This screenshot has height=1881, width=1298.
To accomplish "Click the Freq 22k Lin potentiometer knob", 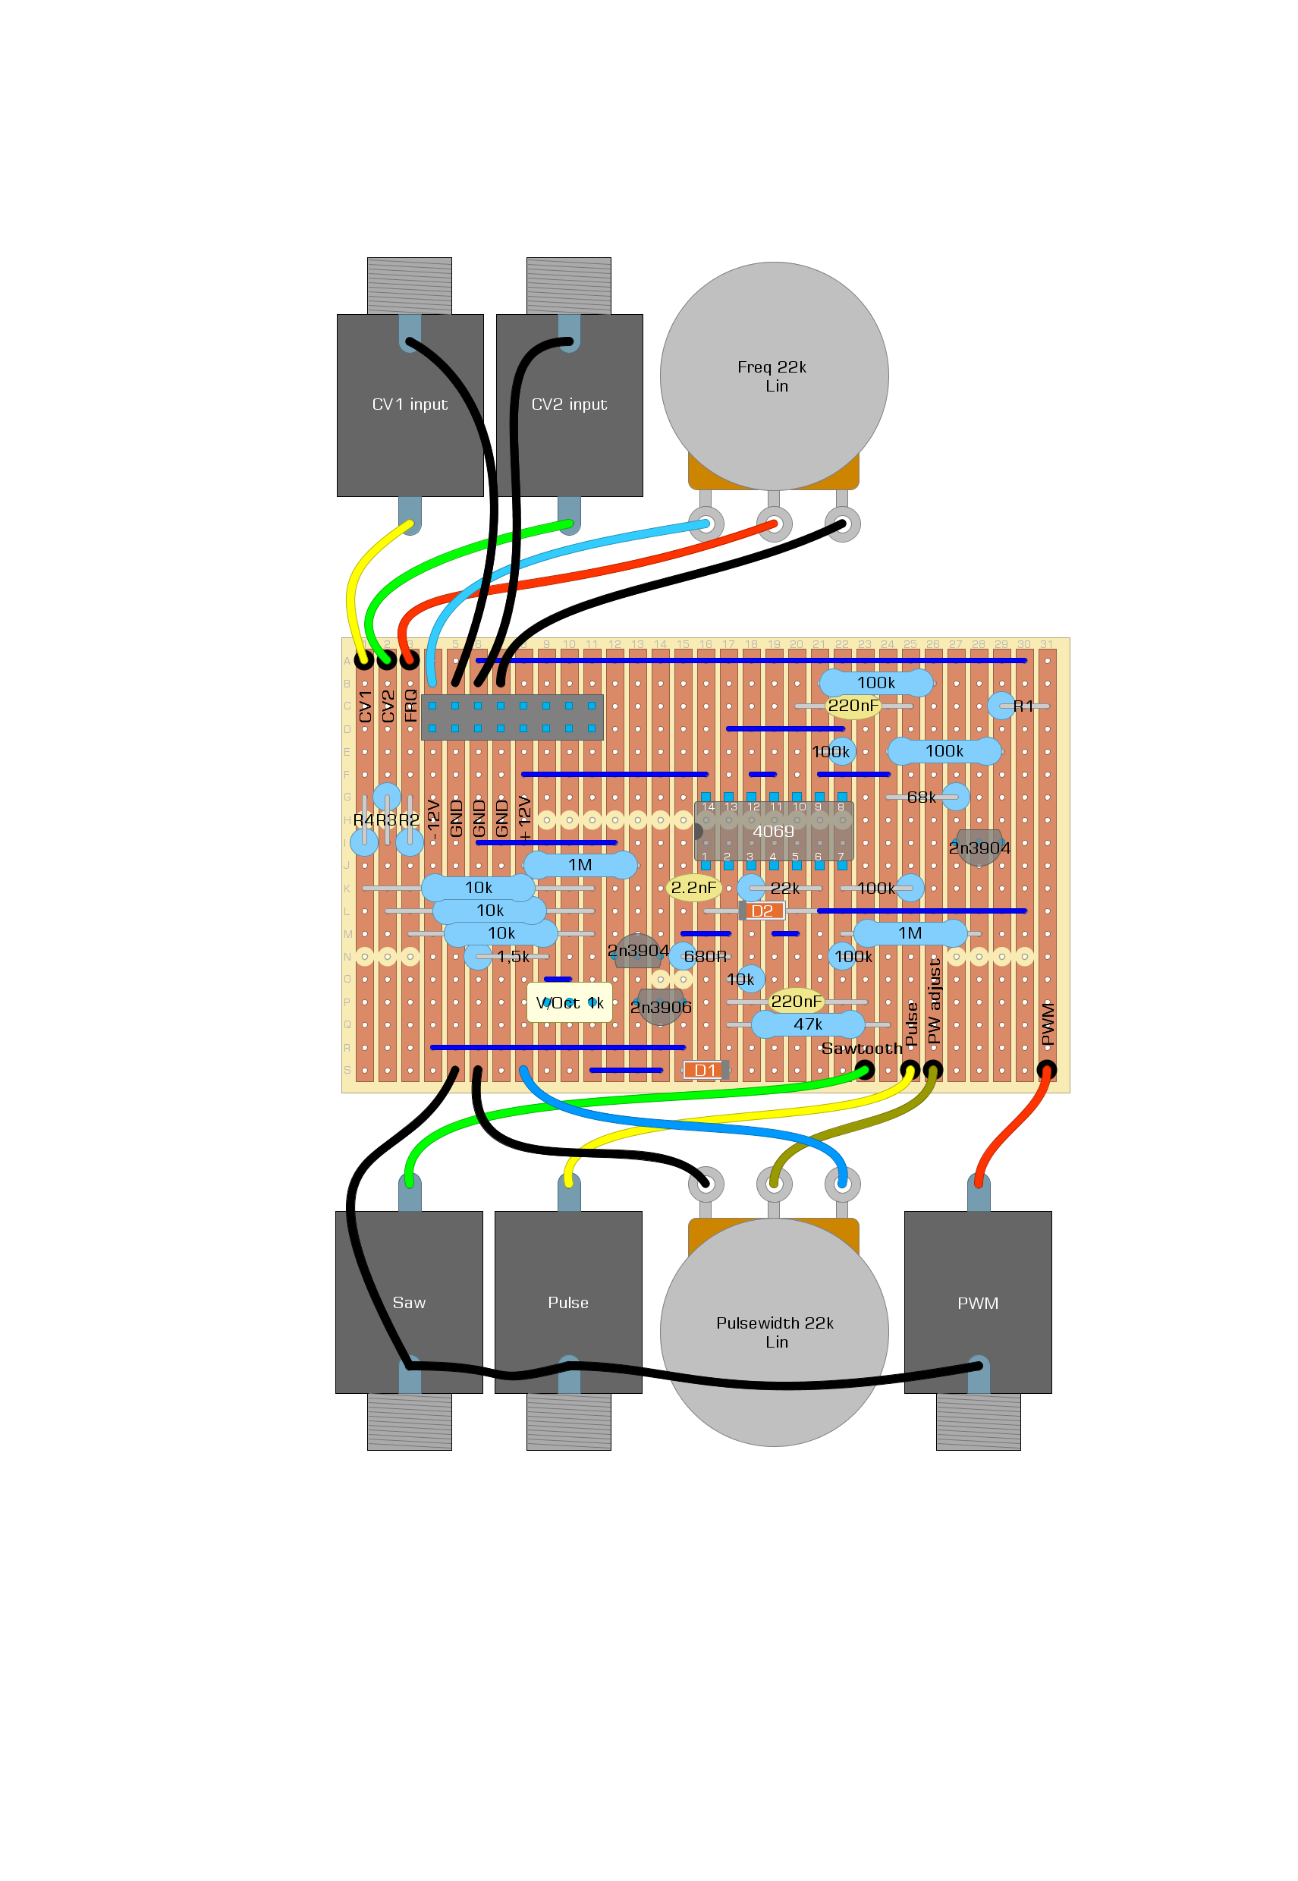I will (x=774, y=376).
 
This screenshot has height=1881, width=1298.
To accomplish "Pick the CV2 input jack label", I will (x=569, y=404).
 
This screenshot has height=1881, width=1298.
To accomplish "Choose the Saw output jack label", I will (x=409, y=1303).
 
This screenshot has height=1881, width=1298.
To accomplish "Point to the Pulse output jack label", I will (x=567, y=1303).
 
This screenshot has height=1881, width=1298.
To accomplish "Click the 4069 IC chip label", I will (x=772, y=831).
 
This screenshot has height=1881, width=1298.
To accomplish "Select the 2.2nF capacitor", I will (x=693, y=887).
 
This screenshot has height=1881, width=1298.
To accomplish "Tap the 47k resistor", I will (x=808, y=1024).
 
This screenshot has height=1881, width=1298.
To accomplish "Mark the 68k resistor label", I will (x=922, y=797).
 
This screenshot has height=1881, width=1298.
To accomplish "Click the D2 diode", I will (x=762, y=911).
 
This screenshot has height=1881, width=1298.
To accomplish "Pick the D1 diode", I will (x=705, y=1070).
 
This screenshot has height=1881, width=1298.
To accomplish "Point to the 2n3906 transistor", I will (x=661, y=1007).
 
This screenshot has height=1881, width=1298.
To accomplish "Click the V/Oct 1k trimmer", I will (x=569, y=1002).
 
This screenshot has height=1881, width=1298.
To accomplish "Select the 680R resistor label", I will (x=705, y=956).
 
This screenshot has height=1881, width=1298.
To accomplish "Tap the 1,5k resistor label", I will (x=513, y=956).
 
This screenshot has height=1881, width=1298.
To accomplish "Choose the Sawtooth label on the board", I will (x=861, y=1049).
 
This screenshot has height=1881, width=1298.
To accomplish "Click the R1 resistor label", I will (x=1023, y=706).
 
